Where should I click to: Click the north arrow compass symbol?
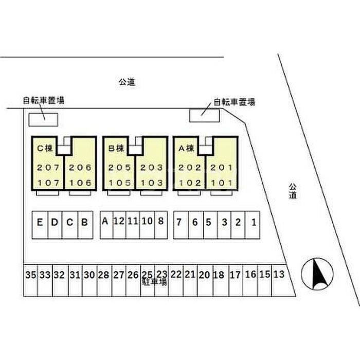pyautogui.click(x=317, y=273)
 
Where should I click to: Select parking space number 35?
pyautogui.click(x=30, y=275)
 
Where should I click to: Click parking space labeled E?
pyautogui.click(x=40, y=223)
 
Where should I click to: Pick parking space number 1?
pyautogui.click(x=254, y=223)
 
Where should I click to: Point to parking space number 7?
pyautogui.click(x=179, y=223)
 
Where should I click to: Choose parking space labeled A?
pyautogui.click(x=105, y=222)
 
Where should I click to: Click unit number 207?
pyautogui.click(x=47, y=168)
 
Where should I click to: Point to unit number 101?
pyautogui.click(x=222, y=183)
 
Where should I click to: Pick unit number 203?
pyautogui.click(x=152, y=168)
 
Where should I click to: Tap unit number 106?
pyautogui.click(x=80, y=183)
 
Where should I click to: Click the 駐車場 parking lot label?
pyautogui.click(x=154, y=282)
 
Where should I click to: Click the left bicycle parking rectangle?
pyautogui.click(x=43, y=119)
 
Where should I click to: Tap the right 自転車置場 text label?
pyautogui.click(x=235, y=102)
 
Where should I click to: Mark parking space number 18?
pyautogui.click(x=219, y=275)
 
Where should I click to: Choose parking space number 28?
pyautogui.click(x=104, y=275)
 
